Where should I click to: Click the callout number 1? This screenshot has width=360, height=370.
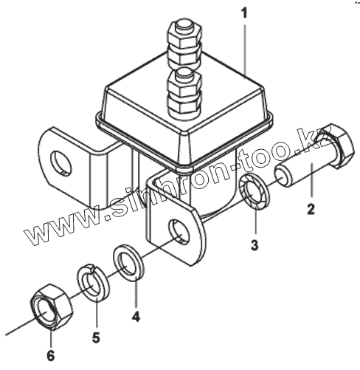[244, 13]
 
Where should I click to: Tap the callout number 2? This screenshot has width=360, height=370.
[311, 209]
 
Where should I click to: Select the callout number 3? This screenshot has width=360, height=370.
[255, 245]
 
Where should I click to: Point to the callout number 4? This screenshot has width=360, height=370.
[136, 316]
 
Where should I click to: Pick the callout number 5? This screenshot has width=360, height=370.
[96, 337]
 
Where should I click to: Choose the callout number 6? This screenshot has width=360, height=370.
[50, 356]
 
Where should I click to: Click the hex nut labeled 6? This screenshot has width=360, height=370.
[52, 306]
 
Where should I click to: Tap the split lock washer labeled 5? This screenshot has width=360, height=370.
[94, 282]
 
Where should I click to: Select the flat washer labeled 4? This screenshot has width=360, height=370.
[129, 262]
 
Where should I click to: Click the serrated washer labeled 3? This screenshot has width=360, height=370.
[255, 191]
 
